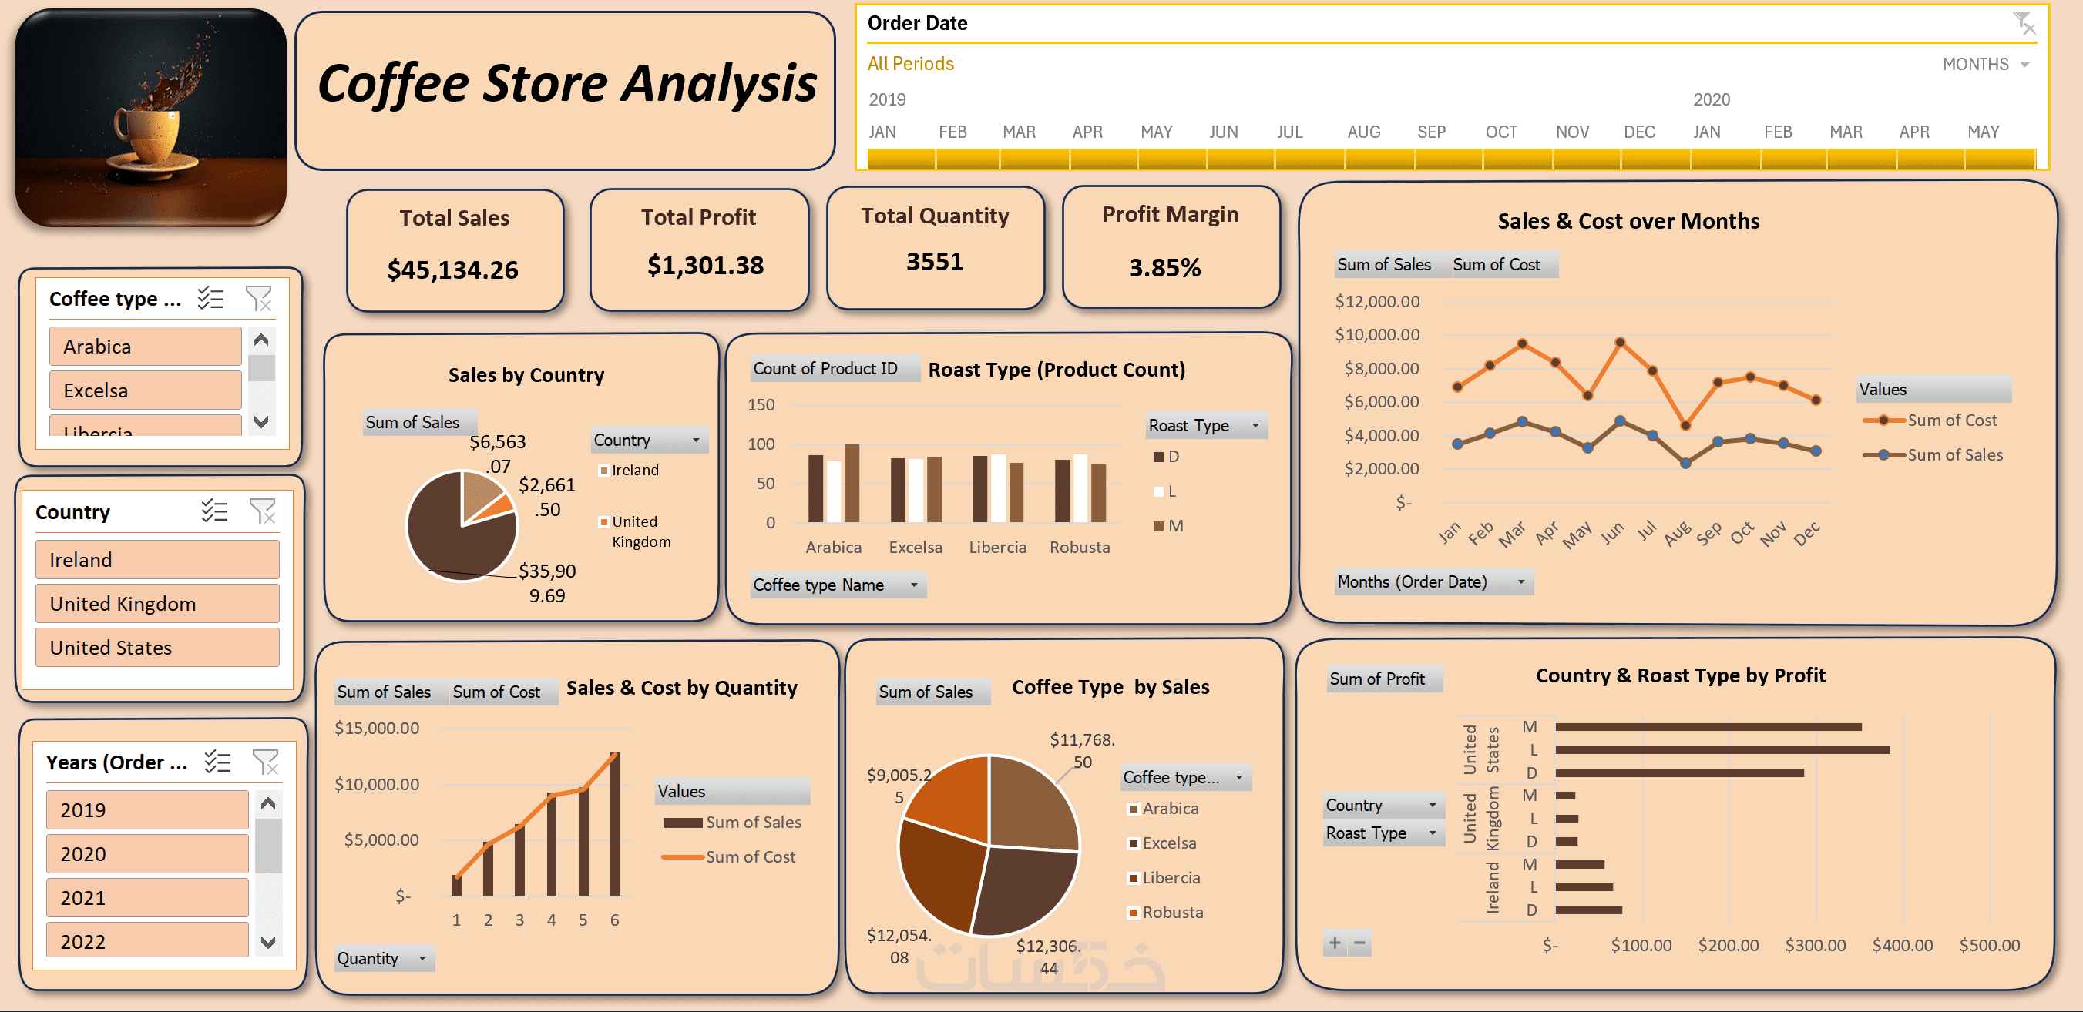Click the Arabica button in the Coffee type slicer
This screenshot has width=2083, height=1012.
145,347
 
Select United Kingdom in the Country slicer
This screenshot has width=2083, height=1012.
157,604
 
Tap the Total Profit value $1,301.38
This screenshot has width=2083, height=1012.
705,265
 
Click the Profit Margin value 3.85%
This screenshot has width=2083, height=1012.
1164,267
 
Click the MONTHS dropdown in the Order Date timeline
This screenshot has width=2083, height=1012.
1985,65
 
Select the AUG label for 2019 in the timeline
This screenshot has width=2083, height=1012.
1363,132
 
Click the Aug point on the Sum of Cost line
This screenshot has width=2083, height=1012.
1685,425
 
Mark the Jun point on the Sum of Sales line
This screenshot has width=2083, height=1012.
1620,421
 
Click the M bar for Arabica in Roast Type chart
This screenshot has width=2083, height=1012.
852,483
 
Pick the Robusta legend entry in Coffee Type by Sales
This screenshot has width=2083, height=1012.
1171,913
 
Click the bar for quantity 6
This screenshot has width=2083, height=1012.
614,825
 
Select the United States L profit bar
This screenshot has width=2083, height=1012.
1722,750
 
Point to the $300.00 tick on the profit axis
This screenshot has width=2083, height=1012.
1815,945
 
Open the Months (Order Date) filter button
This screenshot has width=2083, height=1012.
1520,582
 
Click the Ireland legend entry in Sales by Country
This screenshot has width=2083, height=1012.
634,471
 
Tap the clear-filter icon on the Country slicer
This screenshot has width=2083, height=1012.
262,511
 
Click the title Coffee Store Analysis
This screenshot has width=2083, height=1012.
566,83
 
